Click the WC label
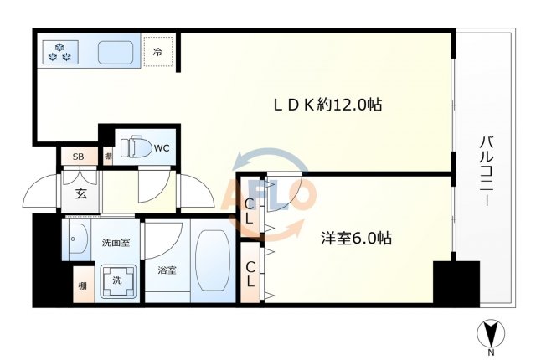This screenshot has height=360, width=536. click(162, 148)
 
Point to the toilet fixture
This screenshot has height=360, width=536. click(136, 148)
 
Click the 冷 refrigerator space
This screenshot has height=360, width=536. click(157, 52)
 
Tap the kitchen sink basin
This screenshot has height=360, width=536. click(116, 53)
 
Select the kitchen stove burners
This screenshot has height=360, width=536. click(60, 52)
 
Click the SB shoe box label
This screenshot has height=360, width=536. click(78, 157)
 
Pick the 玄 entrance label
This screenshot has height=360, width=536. click(83, 195)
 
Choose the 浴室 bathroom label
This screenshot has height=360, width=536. click(167, 270)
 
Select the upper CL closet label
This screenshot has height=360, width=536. click(250, 209)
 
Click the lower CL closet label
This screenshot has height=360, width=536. click(250, 274)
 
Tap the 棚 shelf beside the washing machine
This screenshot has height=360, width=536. click(82, 285)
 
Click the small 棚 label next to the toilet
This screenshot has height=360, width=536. click(108, 157)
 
